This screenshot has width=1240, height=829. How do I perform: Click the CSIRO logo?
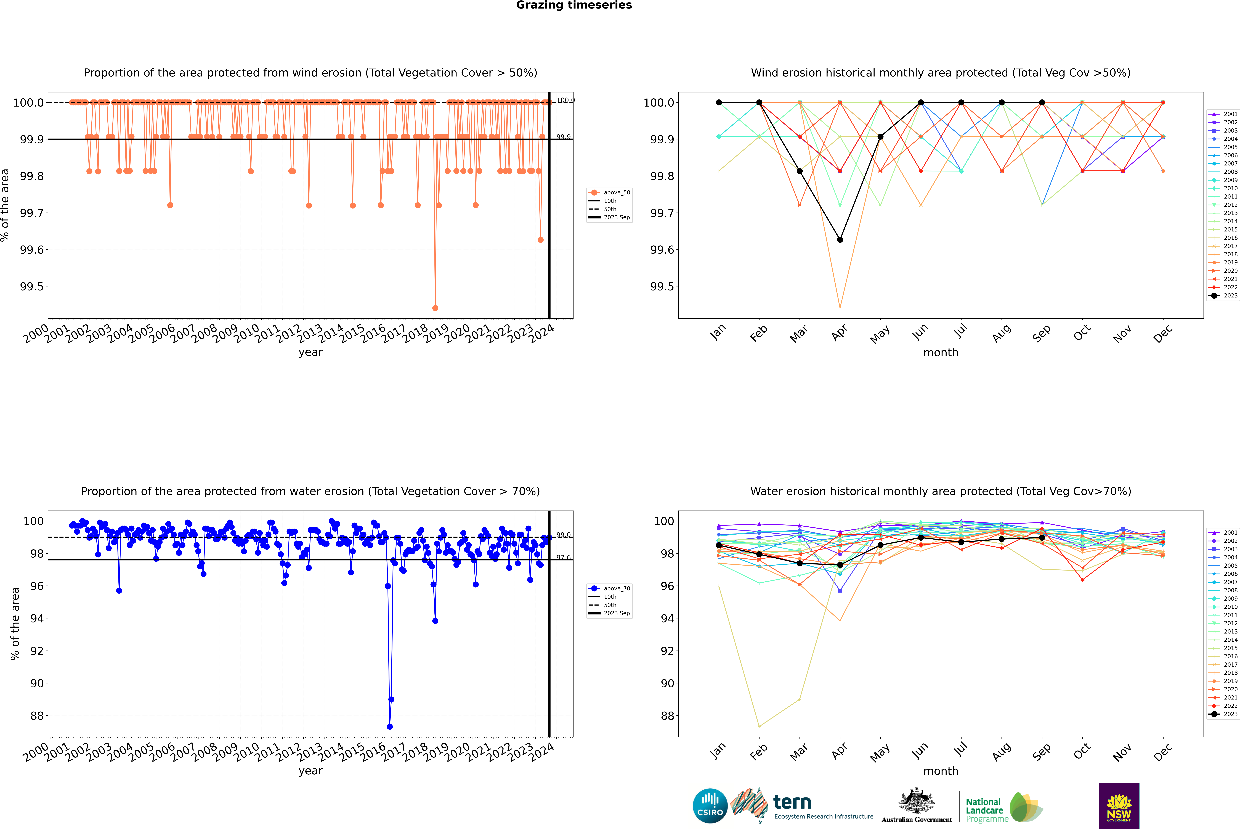[710, 806]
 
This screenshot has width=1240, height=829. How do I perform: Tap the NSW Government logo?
[1119, 806]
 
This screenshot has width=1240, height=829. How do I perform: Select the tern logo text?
[792, 802]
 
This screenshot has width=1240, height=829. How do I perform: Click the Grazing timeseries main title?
[574, 5]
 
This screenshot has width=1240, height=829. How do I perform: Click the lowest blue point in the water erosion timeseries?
[390, 726]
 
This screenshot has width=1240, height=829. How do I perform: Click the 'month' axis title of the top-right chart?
[940, 353]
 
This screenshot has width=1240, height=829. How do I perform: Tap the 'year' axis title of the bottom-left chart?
[310, 771]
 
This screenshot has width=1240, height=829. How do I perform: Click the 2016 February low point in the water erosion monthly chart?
[759, 726]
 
